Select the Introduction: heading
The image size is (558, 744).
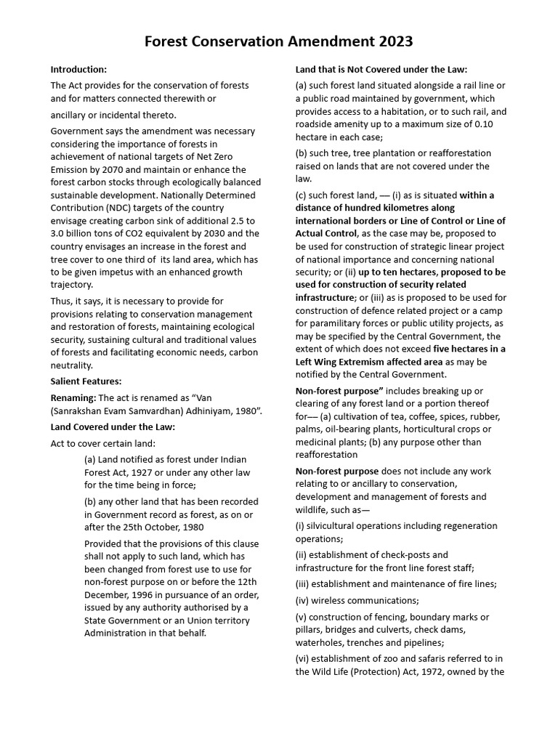[x=78, y=69]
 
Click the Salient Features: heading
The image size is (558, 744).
[x=86, y=381]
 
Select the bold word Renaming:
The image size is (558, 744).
[x=73, y=398]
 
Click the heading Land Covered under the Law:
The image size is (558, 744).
[x=113, y=426]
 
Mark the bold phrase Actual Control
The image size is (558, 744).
[x=326, y=233]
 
